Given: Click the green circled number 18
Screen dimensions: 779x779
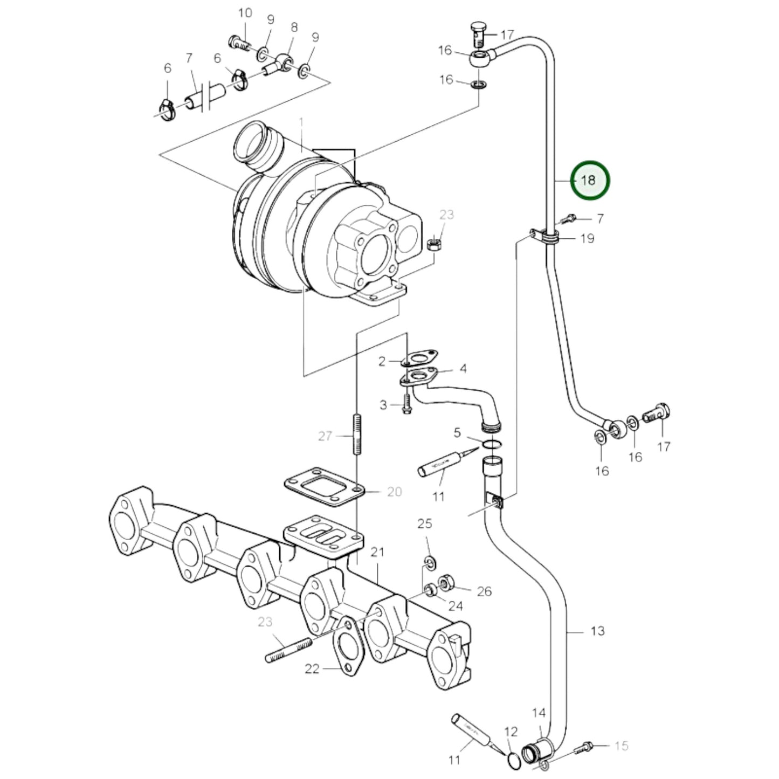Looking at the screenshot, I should (x=589, y=180).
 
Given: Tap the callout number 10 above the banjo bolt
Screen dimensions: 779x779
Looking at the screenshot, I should (x=245, y=13).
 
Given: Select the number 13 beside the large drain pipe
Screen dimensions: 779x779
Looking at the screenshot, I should (x=597, y=630).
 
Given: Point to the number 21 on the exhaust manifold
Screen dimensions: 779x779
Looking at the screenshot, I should (x=377, y=552).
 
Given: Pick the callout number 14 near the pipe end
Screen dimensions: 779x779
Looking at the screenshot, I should (x=539, y=713).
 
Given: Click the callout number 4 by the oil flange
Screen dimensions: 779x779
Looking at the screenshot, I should (x=463, y=369).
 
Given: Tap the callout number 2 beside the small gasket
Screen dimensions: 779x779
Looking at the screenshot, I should (x=382, y=361).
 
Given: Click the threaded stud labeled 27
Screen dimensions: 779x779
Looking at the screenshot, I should (x=357, y=435).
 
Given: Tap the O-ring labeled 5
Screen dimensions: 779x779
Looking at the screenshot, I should (x=492, y=444).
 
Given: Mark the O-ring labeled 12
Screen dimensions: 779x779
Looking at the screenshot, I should (x=514, y=760).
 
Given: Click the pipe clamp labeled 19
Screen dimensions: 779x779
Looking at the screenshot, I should (x=549, y=238).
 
